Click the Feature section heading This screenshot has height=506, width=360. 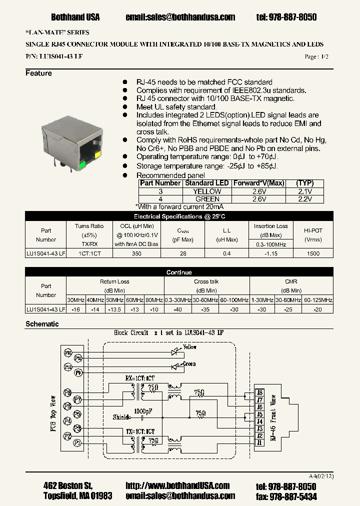pyautogui.click(x=38, y=73)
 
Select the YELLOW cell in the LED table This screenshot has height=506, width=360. pyautogui.click(x=207, y=191)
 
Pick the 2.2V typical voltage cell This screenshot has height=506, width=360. pyautogui.click(x=304, y=199)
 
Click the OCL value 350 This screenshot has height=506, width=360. pyautogui.click(x=136, y=253)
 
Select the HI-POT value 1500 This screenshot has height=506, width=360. pyautogui.click(x=313, y=253)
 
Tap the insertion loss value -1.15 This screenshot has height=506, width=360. pyautogui.click(x=270, y=253)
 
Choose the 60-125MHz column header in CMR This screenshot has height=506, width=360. pyautogui.click(x=318, y=299)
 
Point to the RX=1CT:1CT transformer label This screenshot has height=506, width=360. pyautogui.click(x=139, y=378)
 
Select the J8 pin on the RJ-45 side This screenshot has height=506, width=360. pyautogui.click(x=259, y=392)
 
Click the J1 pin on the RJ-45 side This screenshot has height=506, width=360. pyautogui.click(x=259, y=443)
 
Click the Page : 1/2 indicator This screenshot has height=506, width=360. pyautogui.click(x=316, y=57)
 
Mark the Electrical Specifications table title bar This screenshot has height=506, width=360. pyautogui.click(x=179, y=216)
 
